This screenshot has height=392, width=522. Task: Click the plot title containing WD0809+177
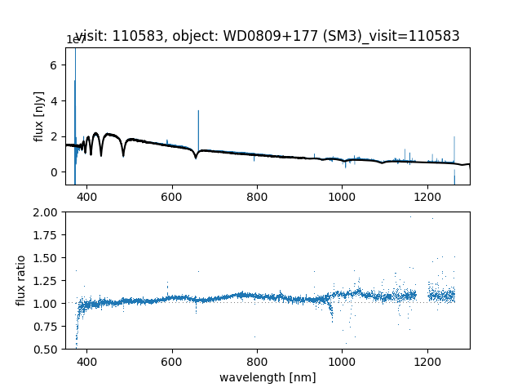(x=268, y=36)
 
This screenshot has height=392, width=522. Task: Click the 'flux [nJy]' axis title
(x=39, y=117)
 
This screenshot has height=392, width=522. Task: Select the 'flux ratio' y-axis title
(x=22, y=280)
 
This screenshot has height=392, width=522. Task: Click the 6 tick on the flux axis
(x=55, y=65)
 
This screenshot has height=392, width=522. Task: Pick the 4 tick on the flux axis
(x=55, y=100)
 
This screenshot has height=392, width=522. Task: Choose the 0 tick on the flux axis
(x=55, y=171)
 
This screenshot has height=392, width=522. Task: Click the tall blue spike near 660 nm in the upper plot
(x=198, y=122)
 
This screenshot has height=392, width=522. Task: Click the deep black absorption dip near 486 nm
(x=123, y=154)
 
